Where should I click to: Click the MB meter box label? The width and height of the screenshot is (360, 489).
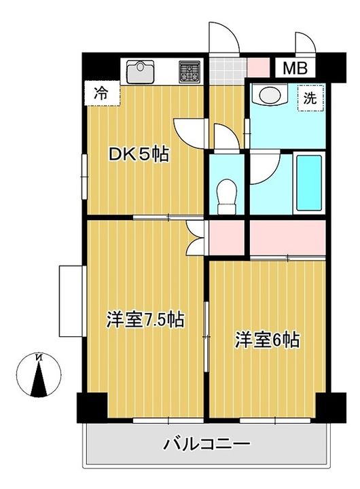[295, 68]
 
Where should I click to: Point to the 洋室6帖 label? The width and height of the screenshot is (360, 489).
[268, 339]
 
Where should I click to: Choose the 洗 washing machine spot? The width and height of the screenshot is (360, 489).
[309, 97]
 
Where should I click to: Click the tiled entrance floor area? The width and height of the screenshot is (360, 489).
[226, 69]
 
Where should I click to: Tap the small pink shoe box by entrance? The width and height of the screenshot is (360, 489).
[259, 67]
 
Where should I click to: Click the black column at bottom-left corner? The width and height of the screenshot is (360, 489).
[90, 408]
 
